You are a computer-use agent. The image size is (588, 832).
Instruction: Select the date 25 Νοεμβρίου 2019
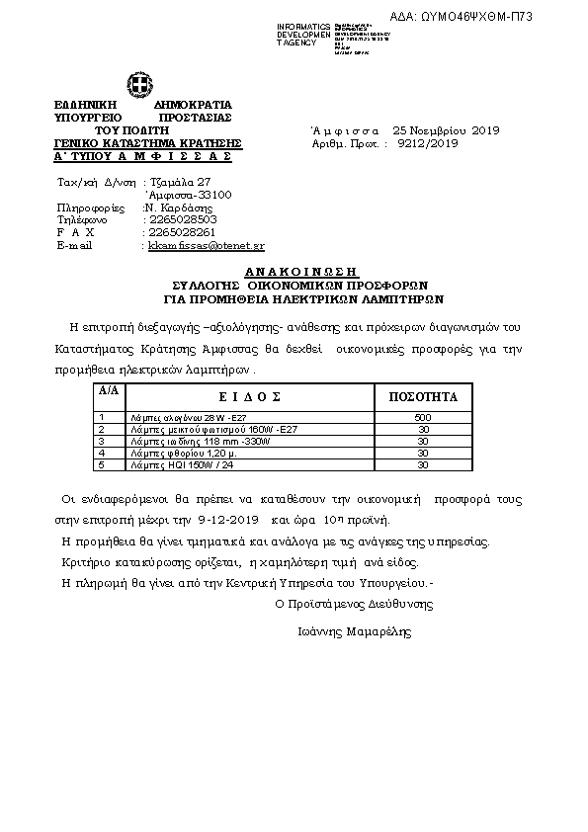pyautogui.click(x=447, y=130)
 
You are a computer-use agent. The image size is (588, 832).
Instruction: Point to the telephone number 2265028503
pyautogui.click(x=183, y=219)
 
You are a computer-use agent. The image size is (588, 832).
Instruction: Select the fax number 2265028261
pyautogui.click(x=183, y=232)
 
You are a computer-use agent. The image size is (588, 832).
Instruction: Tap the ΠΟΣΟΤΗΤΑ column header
pyautogui.click(x=424, y=396)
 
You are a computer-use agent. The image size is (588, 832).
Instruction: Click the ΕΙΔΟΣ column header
pyautogui.click(x=236, y=396)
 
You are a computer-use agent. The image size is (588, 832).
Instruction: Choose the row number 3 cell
pyautogui.click(x=103, y=441)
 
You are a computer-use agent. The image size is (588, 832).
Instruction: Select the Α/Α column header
pyautogui.click(x=107, y=391)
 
